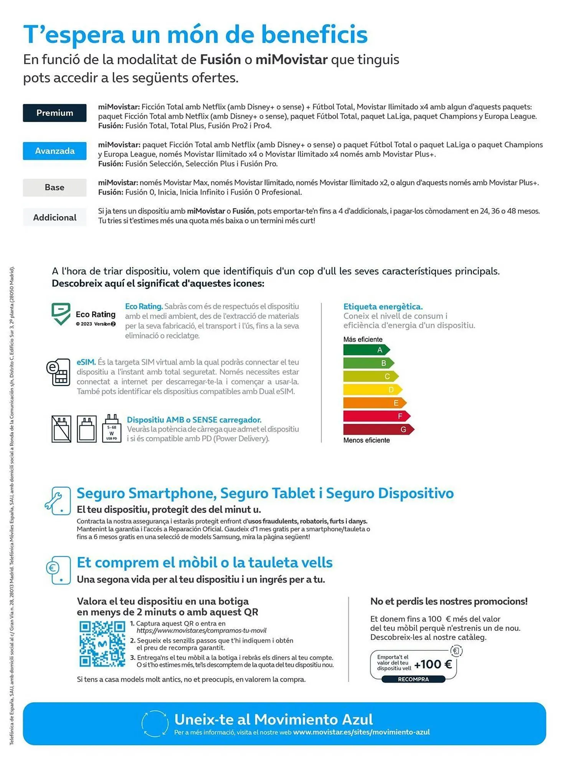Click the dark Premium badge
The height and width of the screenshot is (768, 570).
tap(55, 113)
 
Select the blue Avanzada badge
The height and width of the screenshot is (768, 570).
tap(55, 151)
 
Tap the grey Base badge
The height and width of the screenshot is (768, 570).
tap(55, 187)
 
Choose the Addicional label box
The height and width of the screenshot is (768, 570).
tap(55, 217)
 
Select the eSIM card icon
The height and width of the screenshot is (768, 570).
tap(59, 372)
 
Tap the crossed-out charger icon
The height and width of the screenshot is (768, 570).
tap(61, 429)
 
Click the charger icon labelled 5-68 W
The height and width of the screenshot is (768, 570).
tap(112, 429)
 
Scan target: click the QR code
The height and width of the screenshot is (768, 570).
tap(102, 644)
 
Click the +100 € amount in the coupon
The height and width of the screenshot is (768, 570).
tap(433, 664)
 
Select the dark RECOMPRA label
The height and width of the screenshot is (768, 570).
tap(413, 679)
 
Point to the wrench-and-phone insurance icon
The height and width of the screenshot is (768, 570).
tap(58, 500)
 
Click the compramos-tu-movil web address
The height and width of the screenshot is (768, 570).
tap(201, 631)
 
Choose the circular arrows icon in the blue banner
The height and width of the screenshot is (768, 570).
tap(155, 724)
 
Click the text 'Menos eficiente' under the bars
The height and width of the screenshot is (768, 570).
tap(366, 440)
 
